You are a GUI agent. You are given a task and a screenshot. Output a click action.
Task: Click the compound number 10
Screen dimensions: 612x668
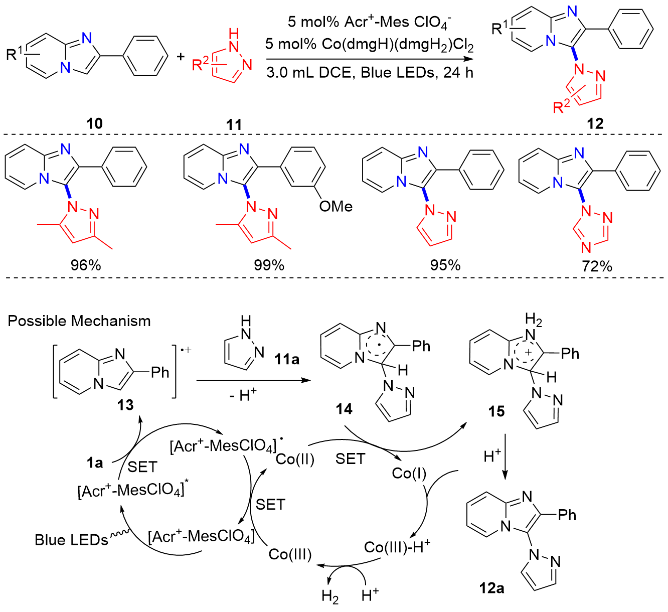(95, 123)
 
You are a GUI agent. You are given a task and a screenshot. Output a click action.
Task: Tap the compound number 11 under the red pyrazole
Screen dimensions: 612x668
(234, 124)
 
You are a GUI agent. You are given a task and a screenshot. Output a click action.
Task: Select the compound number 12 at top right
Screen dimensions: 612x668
(595, 123)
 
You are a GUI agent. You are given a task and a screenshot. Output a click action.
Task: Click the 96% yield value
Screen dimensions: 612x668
(86, 265)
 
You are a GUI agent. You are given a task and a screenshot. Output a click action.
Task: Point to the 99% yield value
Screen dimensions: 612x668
(269, 265)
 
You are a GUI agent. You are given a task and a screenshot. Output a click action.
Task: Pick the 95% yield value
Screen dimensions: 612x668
(445, 265)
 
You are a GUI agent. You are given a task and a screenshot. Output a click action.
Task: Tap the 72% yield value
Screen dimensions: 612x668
(597, 266)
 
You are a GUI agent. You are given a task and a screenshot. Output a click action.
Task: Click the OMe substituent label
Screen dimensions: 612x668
(336, 206)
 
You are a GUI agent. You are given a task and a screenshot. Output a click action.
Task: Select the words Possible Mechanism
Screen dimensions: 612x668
(79, 321)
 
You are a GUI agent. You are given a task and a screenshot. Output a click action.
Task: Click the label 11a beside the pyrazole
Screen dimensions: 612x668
(287, 359)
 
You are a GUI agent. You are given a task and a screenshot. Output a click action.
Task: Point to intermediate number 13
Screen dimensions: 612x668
(125, 404)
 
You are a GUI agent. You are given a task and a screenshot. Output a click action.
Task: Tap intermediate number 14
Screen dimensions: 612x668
(344, 409)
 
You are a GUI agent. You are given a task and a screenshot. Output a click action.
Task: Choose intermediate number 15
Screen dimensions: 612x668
(496, 411)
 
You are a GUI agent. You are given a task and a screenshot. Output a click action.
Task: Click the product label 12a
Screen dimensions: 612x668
(492, 588)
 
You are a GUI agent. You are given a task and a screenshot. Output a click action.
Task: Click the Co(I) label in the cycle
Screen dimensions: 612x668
(409, 473)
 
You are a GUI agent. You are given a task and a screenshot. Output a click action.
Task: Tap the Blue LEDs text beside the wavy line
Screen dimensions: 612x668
(71, 540)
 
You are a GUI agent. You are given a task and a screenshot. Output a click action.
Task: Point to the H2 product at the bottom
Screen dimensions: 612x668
(330, 596)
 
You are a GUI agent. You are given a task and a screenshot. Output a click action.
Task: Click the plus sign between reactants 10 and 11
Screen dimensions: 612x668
(181, 56)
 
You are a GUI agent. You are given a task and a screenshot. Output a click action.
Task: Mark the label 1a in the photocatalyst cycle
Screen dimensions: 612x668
(94, 463)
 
